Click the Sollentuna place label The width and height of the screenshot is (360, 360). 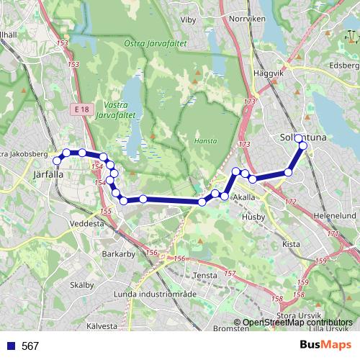302,137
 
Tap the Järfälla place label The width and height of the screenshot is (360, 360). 49,174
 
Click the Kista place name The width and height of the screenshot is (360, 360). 291,244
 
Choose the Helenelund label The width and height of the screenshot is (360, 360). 336,215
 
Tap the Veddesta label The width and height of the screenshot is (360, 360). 88,224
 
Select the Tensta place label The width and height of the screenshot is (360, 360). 207,275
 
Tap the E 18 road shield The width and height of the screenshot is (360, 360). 81,108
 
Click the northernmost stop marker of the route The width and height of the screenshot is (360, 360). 299,138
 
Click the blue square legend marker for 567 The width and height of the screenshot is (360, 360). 10,346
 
